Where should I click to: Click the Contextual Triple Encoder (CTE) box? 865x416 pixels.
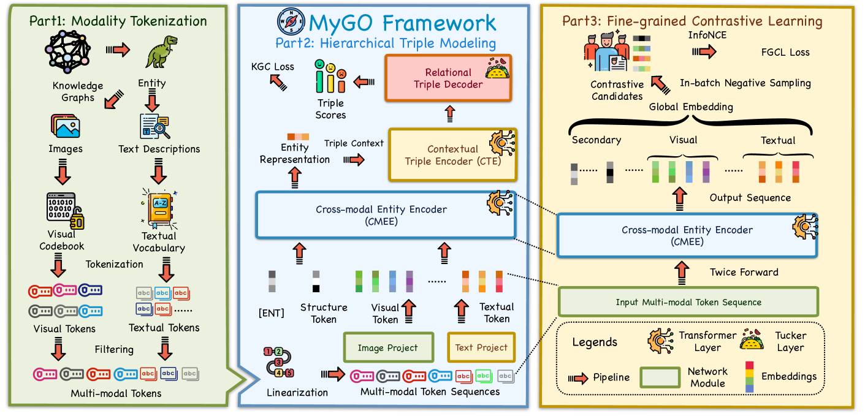click(x=452, y=154)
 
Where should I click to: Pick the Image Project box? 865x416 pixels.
click(x=387, y=348)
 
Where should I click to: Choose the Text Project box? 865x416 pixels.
click(x=481, y=348)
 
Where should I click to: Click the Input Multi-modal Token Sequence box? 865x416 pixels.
click(x=688, y=302)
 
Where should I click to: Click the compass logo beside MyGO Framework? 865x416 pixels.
click(x=290, y=23)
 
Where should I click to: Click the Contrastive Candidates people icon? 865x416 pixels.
click(x=608, y=54)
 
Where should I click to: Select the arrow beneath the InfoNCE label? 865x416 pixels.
click(x=707, y=51)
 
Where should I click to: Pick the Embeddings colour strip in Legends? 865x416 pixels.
click(x=749, y=376)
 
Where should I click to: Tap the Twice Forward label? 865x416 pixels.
click(x=744, y=272)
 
